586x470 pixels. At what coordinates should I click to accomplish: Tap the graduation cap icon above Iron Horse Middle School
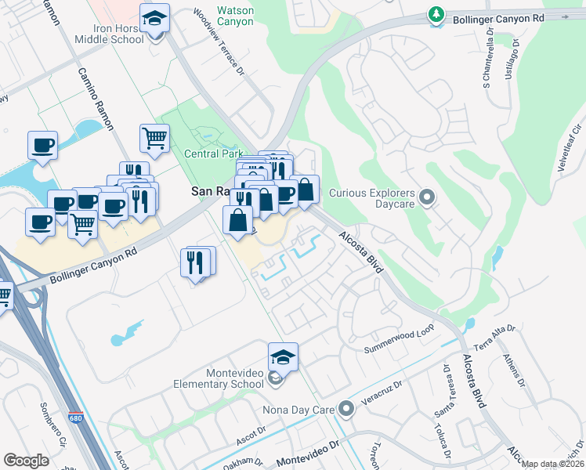coord(154,18)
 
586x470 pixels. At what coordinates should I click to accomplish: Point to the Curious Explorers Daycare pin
coord(427,197)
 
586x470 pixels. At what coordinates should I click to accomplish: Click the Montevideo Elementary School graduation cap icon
coord(283,357)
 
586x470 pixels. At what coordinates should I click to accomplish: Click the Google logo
coord(26,461)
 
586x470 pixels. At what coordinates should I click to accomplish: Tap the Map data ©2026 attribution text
coord(552,464)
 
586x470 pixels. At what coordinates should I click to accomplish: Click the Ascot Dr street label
coord(252,434)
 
